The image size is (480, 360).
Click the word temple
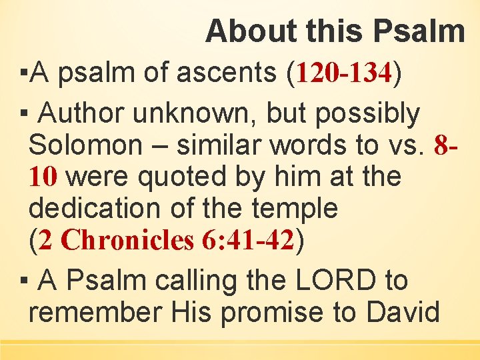pos(295,209)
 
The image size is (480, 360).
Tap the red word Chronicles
pos(127,241)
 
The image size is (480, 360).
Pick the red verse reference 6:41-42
pos(247,241)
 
